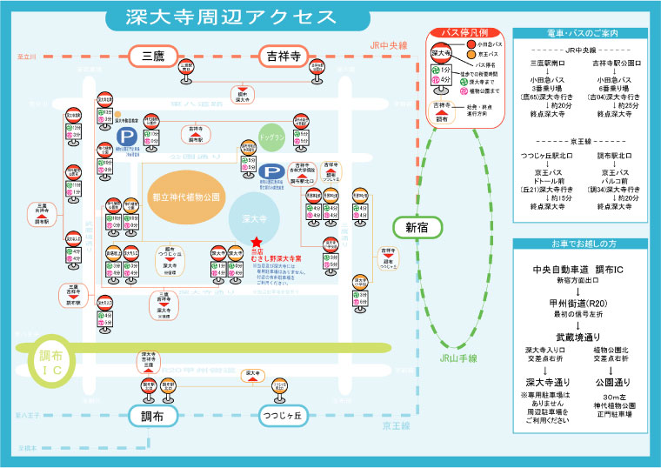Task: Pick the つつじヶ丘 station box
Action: click(286, 416)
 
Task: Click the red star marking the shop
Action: click(257, 244)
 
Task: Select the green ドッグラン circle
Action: click(272, 137)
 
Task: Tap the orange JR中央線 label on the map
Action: click(388, 44)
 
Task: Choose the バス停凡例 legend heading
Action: click(461, 33)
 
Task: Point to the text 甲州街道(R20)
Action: click(578, 303)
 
